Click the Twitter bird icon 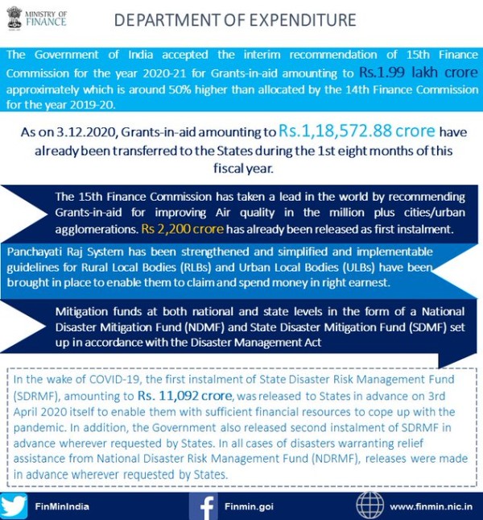[14, 505]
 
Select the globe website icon [369, 505]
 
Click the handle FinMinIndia [62, 506]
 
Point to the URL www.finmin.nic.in [431, 506]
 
